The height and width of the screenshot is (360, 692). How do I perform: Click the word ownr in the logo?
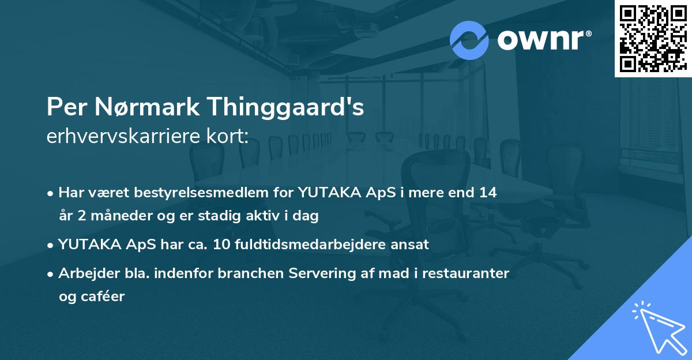[x=543, y=40]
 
